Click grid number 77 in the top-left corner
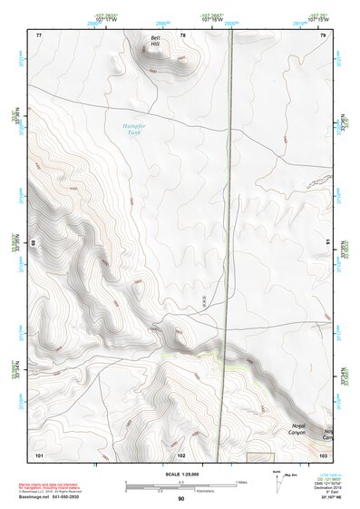pos(38,34)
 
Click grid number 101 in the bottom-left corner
pos(39,453)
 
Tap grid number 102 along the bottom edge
pos(181,453)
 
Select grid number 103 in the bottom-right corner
pos(323,453)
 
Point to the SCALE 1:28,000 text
pos(180,475)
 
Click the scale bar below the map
pos(180,484)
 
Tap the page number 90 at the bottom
pos(180,498)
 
